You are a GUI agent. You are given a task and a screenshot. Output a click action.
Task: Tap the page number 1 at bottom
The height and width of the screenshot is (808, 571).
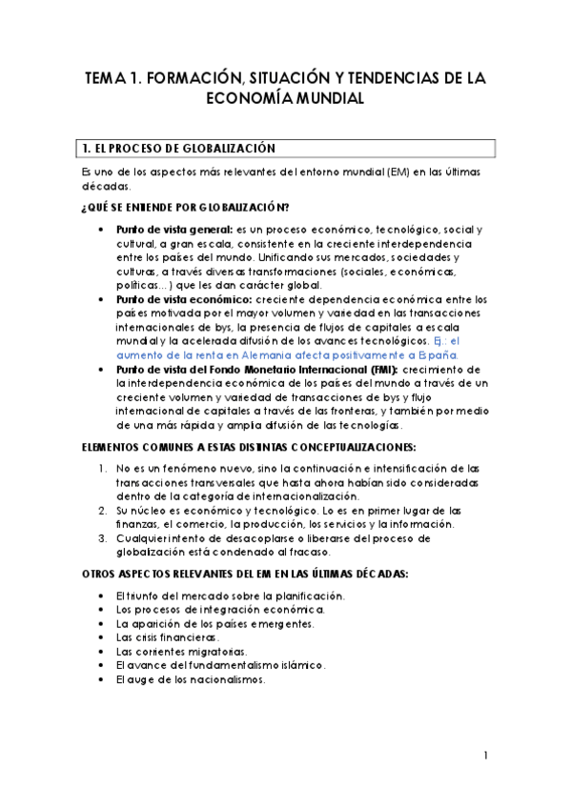485,756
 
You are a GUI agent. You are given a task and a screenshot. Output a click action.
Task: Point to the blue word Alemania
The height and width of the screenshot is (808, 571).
275,353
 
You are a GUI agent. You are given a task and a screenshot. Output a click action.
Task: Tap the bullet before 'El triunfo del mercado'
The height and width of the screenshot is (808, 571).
103,596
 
